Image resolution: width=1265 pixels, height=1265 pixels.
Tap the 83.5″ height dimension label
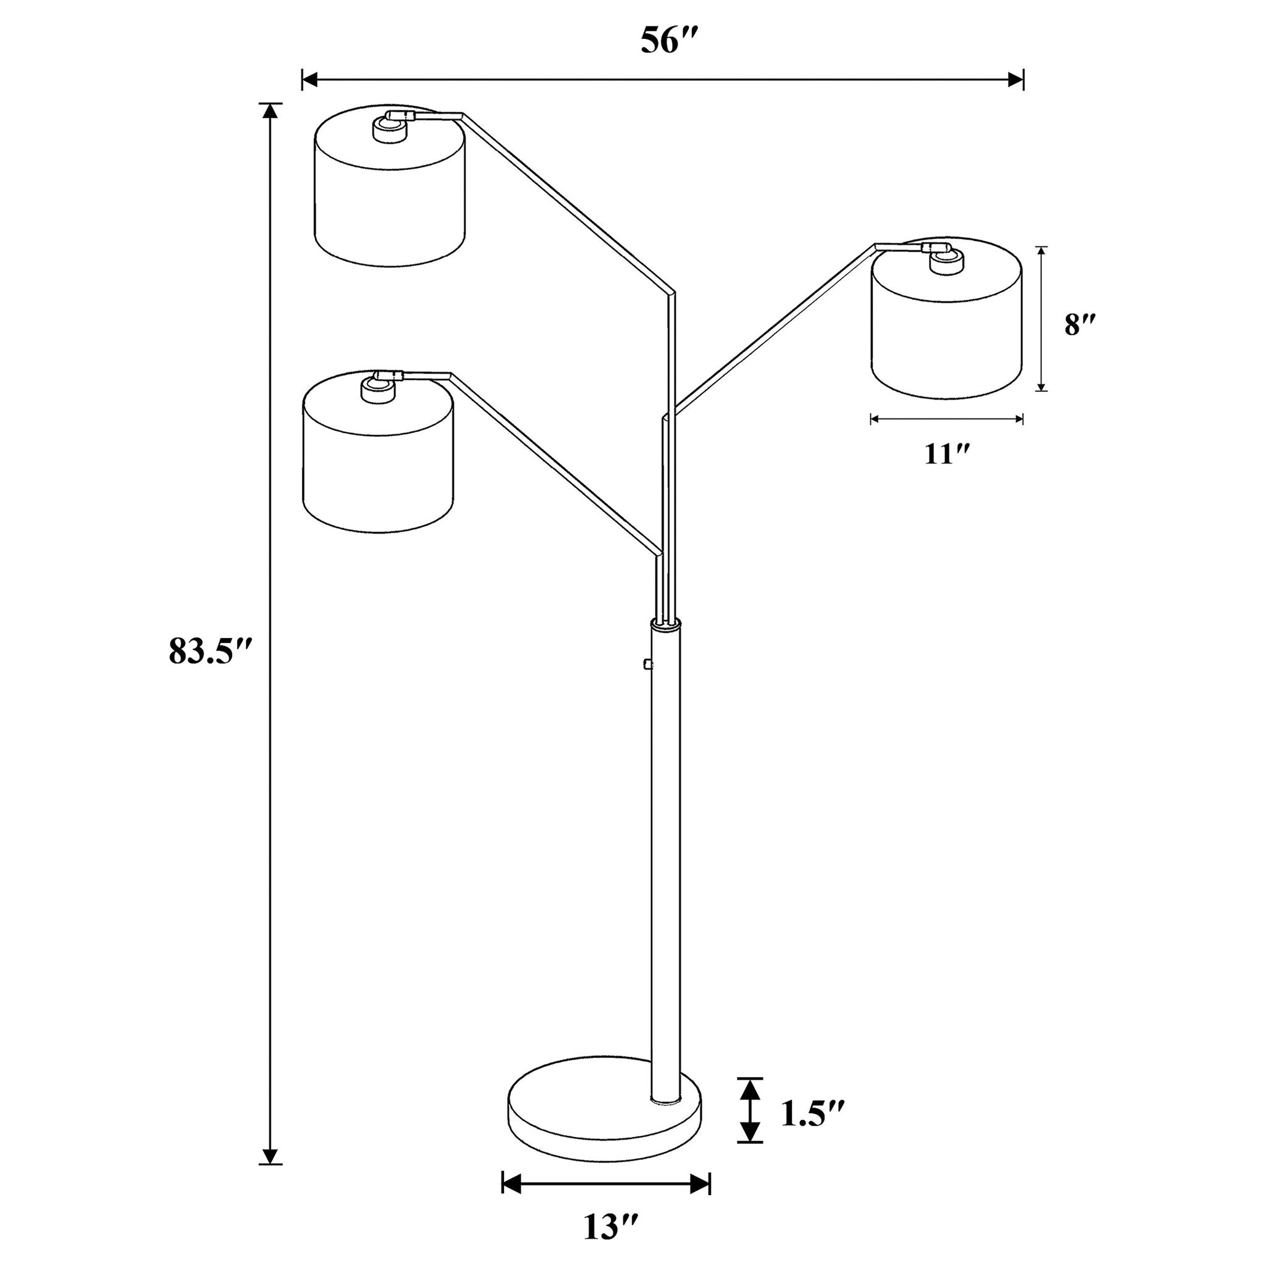coord(209,651)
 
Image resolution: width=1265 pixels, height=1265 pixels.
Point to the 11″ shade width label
coord(947,454)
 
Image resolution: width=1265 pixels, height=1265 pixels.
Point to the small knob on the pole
coord(647,665)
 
